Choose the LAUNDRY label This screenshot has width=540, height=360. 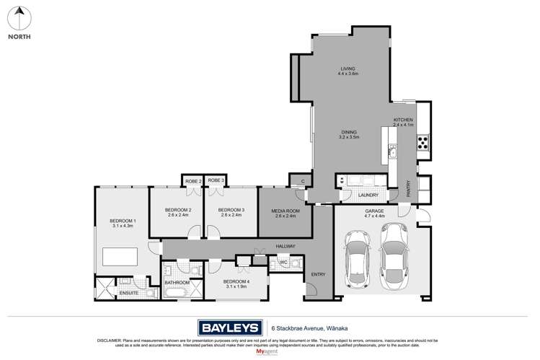point(368,195)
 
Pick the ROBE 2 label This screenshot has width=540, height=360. point(193,180)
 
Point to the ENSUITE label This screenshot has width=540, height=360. point(129,293)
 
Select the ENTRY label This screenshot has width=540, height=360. point(318,275)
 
